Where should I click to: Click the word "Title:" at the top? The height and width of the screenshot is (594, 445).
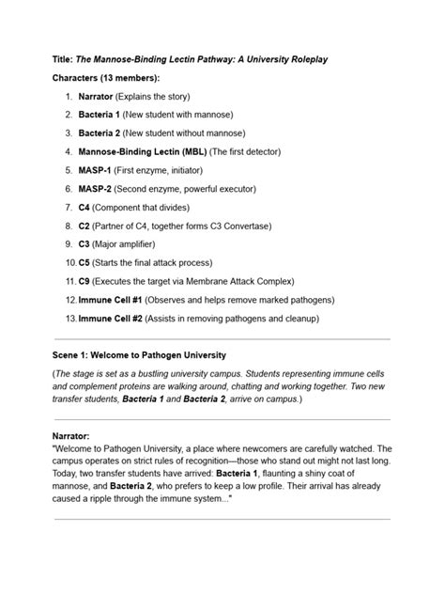point(64,58)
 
